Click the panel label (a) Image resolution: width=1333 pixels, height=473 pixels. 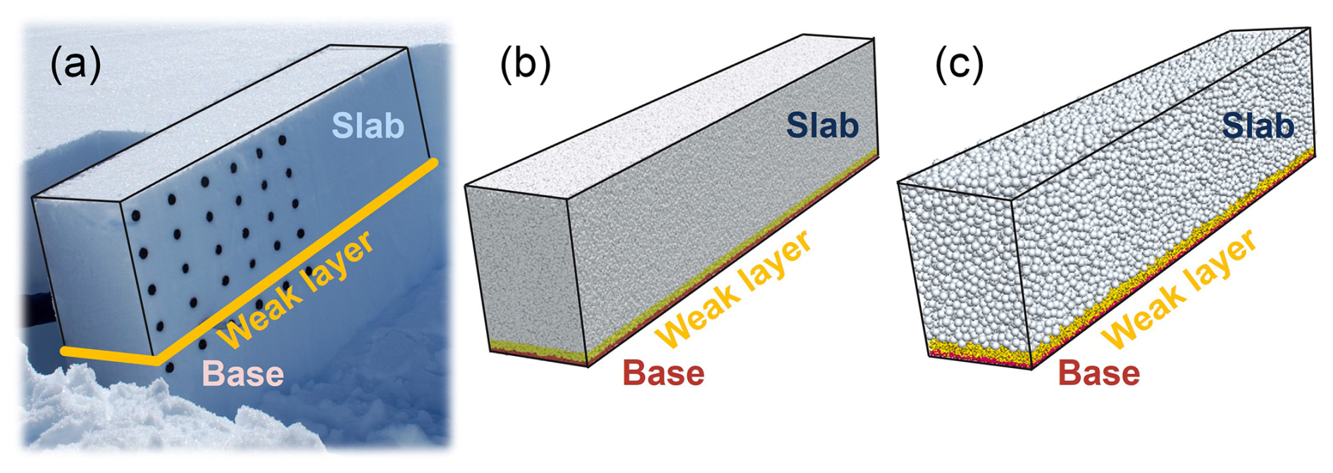point(75,65)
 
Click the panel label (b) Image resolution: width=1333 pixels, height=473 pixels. point(525,65)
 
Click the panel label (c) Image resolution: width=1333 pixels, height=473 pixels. point(959,65)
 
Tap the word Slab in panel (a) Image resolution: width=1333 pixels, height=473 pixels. point(368,126)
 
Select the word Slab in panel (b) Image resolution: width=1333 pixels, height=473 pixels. point(822,126)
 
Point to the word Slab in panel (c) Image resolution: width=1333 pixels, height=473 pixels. point(1258,126)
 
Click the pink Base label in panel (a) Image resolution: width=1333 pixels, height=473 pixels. point(243,374)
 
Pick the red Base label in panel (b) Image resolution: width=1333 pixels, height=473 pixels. point(663,374)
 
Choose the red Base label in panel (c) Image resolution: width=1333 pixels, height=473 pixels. point(1098,374)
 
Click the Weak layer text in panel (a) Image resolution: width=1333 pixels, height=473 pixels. point(296,289)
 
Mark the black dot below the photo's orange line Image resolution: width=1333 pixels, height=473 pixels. point(170,367)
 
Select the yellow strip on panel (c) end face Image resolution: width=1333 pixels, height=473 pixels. point(979,350)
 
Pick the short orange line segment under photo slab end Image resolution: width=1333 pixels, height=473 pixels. point(106,356)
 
